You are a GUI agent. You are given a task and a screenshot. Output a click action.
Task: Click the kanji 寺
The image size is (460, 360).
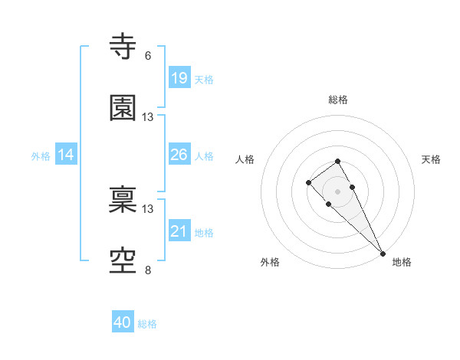(x=123, y=47)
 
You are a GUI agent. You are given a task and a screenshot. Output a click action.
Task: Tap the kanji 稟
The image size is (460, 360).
(x=123, y=201)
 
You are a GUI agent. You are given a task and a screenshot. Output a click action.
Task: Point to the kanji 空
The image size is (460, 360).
(x=123, y=261)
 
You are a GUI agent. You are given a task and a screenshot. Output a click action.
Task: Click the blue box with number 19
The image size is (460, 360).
(x=179, y=78)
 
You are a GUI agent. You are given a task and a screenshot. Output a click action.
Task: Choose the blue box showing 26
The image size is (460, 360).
(x=179, y=155)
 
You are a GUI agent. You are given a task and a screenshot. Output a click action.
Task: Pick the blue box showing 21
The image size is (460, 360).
(x=179, y=231)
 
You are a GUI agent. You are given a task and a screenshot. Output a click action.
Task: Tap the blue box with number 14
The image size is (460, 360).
(x=66, y=155)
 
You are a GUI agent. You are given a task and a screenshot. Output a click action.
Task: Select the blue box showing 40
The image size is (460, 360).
(x=123, y=322)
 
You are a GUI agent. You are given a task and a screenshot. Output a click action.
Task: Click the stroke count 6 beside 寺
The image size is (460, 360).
(x=148, y=56)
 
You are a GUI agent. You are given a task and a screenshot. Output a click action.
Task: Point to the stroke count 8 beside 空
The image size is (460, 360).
(x=148, y=270)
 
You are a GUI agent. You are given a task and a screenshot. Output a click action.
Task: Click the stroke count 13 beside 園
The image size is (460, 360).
(x=148, y=117)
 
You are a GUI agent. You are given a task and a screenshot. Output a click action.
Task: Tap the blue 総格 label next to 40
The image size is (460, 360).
(x=147, y=324)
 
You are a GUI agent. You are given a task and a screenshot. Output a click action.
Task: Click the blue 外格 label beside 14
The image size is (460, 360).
(x=41, y=155)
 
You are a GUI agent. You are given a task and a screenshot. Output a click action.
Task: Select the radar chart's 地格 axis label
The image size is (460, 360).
(x=402, y=262)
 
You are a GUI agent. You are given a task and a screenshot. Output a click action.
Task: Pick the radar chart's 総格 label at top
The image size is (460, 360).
(x=338, y=100)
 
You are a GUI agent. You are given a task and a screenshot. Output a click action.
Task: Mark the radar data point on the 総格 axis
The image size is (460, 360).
(x=337, y=161)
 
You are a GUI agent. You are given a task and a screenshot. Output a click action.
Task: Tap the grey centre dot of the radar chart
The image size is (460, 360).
(x=337, y=191)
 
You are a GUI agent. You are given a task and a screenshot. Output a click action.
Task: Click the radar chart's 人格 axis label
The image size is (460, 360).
(x=245, y=159)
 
